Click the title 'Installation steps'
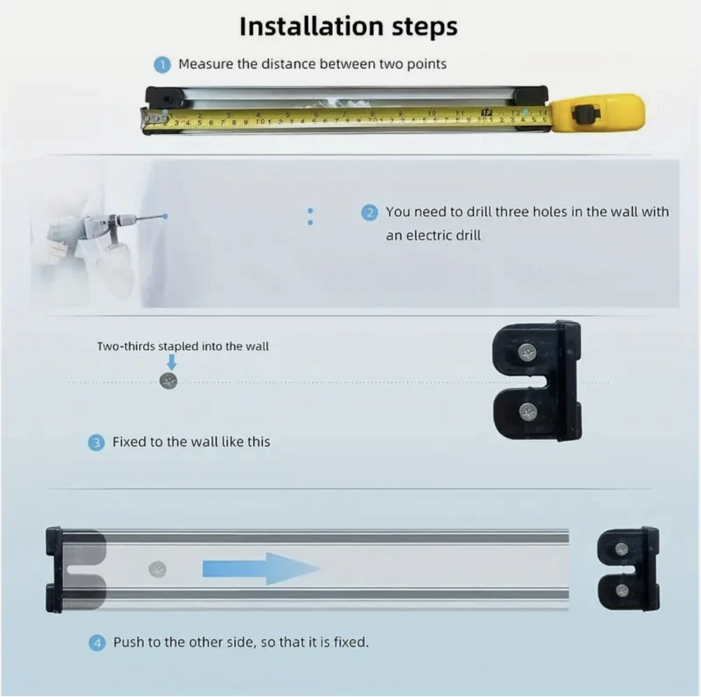pos(348,27)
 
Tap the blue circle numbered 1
pos(162,65)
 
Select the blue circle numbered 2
pos(369,212)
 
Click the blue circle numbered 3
pos(96,442)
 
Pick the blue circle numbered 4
pos(97,644)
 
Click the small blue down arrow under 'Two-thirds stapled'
pos(171,362)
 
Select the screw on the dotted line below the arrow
pos(168,381)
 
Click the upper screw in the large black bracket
pos(528,353)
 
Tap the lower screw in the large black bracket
pos(528,411)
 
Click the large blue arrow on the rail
pos(262,569)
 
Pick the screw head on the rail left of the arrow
pos(157,570)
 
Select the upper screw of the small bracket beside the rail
pos(622,548)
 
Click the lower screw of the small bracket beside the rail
pos(622,591)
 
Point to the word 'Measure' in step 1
pos(205,64)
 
